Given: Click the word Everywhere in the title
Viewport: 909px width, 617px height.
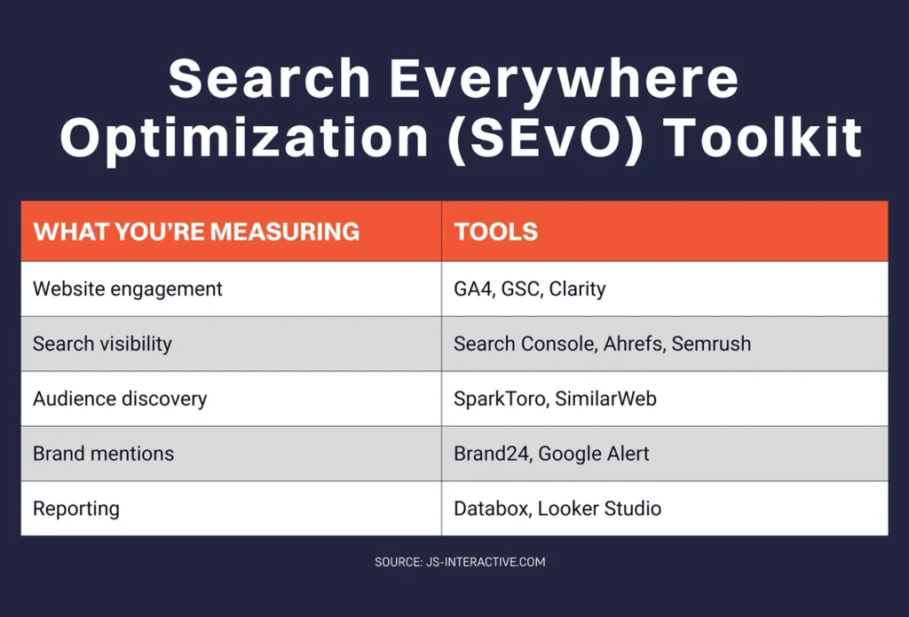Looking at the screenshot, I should pyautogui.click(x=565, y=80).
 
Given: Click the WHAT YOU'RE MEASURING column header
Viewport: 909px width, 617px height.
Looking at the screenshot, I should pyautogui.click(x=196, y=233).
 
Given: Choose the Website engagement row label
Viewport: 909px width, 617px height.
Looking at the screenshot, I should pyautogui.click(x=128, y=289).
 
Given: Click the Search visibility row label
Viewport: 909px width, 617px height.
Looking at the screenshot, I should pyautogui.click(x=102, y=344).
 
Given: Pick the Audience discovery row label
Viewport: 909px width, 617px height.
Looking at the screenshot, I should pyautogui.click(x=120, y=399).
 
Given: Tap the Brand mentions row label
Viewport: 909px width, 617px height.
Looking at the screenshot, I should pyautogui.click(x=104, y=454).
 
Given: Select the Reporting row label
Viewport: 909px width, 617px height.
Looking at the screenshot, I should pyautogui.click(x=76, y=510).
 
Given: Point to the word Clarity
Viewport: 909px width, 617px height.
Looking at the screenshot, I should pyautogui.click(x=577, y=289).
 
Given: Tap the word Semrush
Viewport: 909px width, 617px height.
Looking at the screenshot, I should pyautogui.click(x=711, y=344).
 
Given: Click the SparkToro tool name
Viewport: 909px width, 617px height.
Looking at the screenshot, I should pyautogui.click(x=501, y=399).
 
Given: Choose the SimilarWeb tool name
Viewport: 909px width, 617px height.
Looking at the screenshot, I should pyautogui.click(x=606, y=399).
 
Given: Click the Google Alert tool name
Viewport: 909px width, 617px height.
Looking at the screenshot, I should pyautogui.click(x=594, y=454).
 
